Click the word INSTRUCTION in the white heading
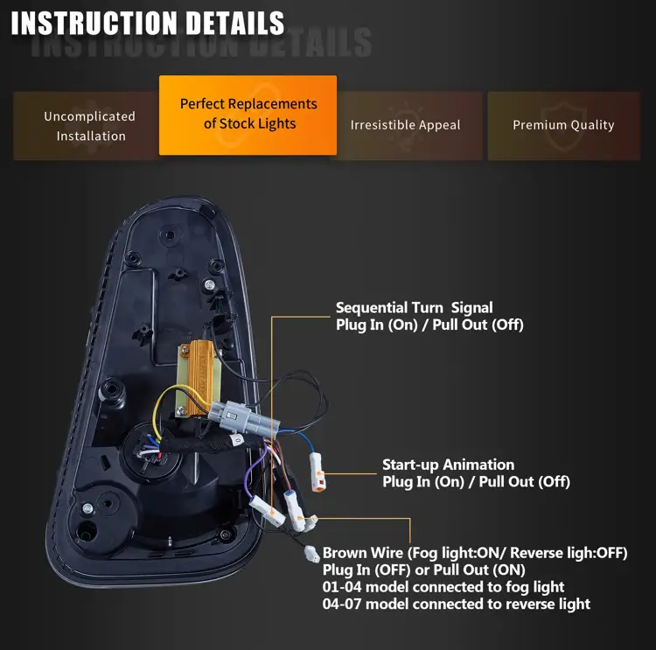point(94,23)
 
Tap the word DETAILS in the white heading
point(235,23)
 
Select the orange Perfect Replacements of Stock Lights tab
point(248,115)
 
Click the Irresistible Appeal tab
point(405,125)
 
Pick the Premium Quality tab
point(563,125)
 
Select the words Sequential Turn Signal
point(415,308)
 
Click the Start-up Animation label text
point(448,465)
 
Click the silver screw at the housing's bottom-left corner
point(87,508)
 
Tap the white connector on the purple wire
point(267,510)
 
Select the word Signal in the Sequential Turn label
point(472,308)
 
